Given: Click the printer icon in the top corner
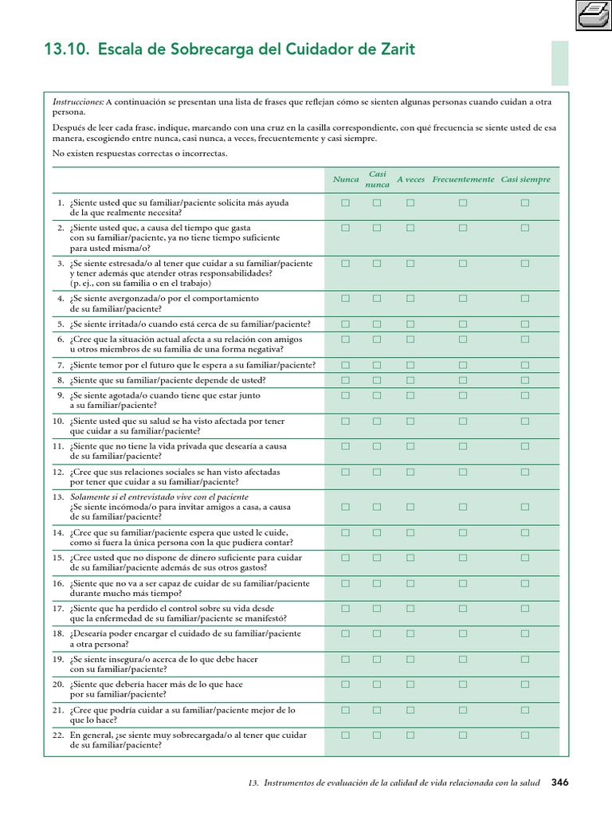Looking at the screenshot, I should (590, 15).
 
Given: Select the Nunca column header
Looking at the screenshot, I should (346, 179).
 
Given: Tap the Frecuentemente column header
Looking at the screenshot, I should (463, 179).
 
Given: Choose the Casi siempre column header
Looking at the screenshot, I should (525, 179).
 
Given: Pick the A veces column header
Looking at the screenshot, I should (410, 179).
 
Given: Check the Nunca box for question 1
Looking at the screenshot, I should (346, 203).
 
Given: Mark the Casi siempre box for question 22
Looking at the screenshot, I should (525, 735).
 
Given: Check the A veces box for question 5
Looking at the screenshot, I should (410, 324).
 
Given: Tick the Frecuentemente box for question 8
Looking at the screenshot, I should (463, 380).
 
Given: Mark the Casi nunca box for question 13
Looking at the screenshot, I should (377, 506).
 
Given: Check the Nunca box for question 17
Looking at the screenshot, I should (346, 608).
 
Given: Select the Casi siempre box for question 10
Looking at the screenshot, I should (525, 421).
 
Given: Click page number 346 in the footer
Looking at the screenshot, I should (560, 783).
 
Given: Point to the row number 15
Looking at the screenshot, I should (58, 558).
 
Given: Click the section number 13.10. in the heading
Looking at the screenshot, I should (66, 50).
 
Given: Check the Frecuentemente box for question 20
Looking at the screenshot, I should (463, 684).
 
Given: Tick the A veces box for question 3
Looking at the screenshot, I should (410, 263).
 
